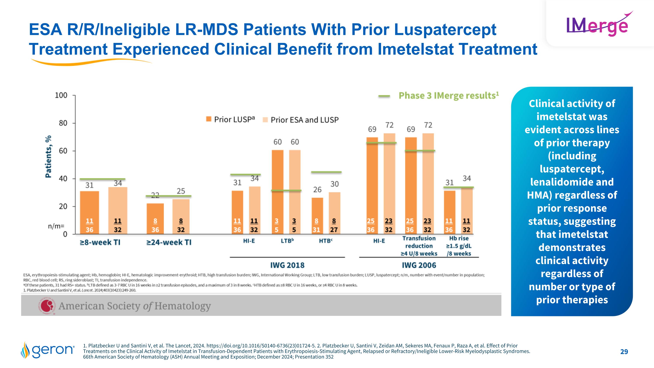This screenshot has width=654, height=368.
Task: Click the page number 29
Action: tap(624, 351)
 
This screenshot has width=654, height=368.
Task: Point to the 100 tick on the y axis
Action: tap(61, 96)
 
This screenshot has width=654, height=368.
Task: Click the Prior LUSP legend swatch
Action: tap(209, 119)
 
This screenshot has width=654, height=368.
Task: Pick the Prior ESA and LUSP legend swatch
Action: tap(265, 120)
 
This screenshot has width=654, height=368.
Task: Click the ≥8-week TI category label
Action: tap(100, 242)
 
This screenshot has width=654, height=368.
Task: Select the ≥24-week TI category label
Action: tap(169, 242)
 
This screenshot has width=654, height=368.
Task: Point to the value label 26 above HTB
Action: tap(317, 190)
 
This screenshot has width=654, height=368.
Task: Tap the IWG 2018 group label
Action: tap(287, 265)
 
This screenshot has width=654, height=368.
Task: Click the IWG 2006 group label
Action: tap(419, 265)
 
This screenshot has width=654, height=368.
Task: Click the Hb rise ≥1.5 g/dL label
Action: tap(459, 246)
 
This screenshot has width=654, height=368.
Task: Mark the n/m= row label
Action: tap(56, 226)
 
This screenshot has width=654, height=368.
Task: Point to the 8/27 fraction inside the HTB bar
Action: tap(334, 226)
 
